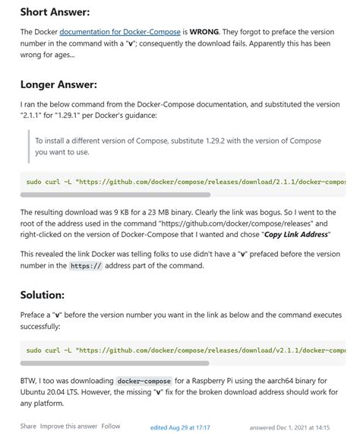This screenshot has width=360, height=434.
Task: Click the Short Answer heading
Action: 55,12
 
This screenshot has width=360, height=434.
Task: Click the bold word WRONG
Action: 205,33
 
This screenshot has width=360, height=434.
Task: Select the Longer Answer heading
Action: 58,84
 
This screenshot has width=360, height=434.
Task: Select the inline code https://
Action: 85,266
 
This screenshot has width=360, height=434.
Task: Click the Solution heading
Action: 42,293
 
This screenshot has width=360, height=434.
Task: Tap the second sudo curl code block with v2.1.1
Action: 182,350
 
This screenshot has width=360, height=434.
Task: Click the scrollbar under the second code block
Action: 114,363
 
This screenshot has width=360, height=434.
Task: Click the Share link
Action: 28,426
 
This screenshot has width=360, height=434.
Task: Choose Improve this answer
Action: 68,426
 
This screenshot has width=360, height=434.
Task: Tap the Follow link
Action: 111,426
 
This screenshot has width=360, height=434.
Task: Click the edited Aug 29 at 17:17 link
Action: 180,428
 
